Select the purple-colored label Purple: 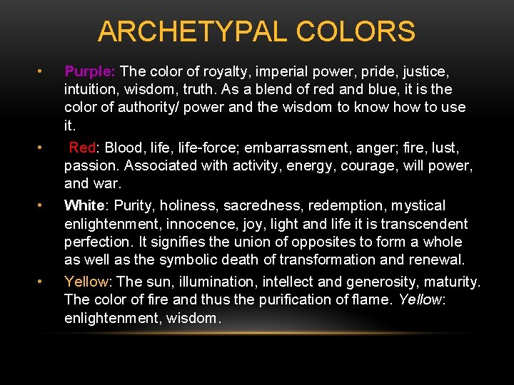tap(90, 71)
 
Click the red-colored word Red tap(83, 148)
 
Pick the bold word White tap(84, 205)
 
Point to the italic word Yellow tap(420, 299)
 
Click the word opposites tap(308, 242)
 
